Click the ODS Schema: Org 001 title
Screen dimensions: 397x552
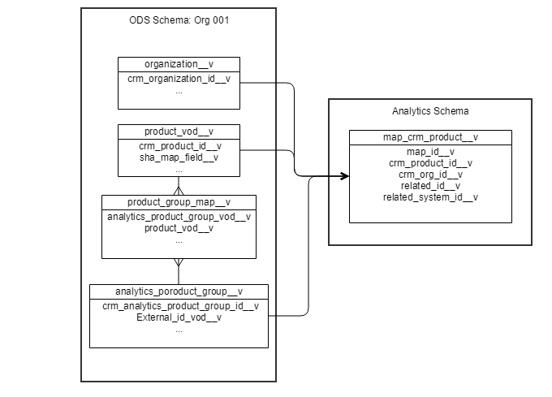[x=179, y=19]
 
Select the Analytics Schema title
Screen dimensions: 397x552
[x=430, y=110]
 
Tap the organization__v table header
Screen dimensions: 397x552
[x=179, y=64]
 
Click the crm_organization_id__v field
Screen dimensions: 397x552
[x=179, y=79]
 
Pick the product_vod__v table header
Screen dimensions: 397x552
[x=179, y=132]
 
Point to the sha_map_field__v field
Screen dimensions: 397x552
[x=179, y=158]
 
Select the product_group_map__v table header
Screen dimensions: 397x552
[x=179, y=202]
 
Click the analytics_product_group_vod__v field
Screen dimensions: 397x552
[x=179, y=217]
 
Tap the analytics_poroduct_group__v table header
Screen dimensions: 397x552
[x=179, y=291]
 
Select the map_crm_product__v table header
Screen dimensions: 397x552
[x=430, y=137]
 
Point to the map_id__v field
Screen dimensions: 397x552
[x=430, y=151]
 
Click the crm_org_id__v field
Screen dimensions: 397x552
[x=430, y=174]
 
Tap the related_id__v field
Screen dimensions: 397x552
[x=430, y=185]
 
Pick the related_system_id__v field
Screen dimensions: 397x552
[x=430, y=196]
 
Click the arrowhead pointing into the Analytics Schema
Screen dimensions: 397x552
[x=344, y=176]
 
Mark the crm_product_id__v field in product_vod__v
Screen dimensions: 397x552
[x=179, y=146]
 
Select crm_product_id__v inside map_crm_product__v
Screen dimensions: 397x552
[x=430, y=162]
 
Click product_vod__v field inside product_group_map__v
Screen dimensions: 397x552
[x=179, y=228]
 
